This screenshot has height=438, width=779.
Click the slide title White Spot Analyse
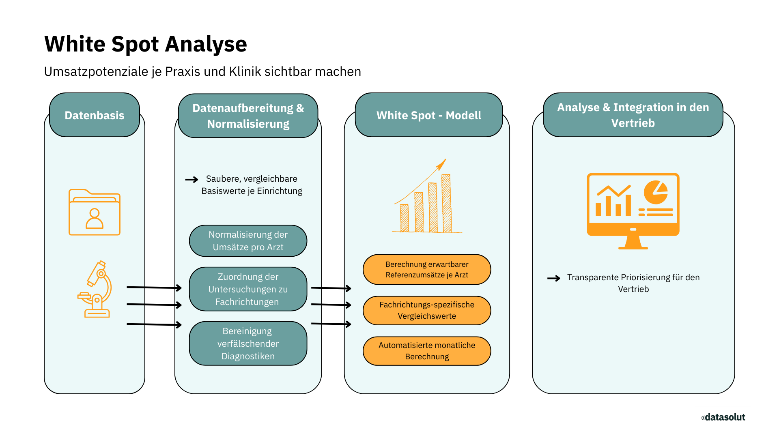(146, 44)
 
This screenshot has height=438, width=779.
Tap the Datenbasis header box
(95, 115)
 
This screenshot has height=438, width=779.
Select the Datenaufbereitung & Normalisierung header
(248, 116)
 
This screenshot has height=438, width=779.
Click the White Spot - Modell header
(429, 115)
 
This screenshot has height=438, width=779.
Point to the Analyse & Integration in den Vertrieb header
(633, 115)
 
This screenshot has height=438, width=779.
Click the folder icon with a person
(95, 212)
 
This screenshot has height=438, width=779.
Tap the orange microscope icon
(95, 289)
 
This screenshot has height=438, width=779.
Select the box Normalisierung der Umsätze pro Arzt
(248, 241)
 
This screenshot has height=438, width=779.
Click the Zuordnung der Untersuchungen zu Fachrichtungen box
(248, 289)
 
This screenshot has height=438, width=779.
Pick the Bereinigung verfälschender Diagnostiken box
(248, 344)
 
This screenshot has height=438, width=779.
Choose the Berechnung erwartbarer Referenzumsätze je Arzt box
(427, 270)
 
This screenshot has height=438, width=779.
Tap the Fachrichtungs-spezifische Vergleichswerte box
(427, 310)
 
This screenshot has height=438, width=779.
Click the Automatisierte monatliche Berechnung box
(427, 351)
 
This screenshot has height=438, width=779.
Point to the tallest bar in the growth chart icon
(446, 203)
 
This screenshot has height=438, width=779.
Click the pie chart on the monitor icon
(656, 192)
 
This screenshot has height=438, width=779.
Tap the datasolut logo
(723, 417)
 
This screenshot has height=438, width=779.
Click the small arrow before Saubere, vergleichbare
(192, 179)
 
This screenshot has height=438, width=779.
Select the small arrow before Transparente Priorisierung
(554, 278)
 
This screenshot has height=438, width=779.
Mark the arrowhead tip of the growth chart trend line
(446, 159)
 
